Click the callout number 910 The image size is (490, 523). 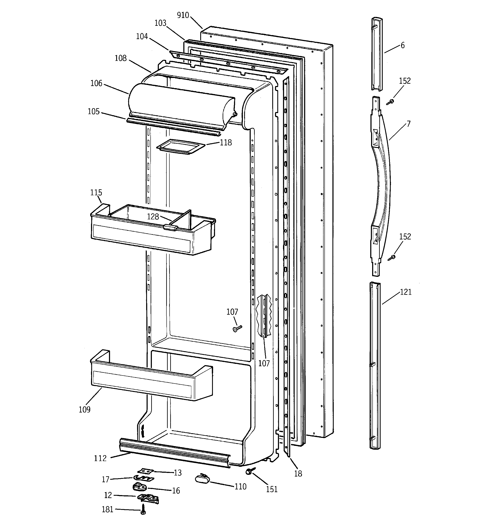(x=183, y=15)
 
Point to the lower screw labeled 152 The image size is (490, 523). (x=392, y=258)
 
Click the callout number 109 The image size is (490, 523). (x=85, y=410)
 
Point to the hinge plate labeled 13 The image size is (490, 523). (x=146, y=471)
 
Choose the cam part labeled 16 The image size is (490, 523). (x=139, y=487)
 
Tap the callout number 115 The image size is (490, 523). (x=96, y=193)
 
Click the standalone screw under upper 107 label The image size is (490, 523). (x=237, y=328)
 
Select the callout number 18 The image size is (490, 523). (x=298, y=474)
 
